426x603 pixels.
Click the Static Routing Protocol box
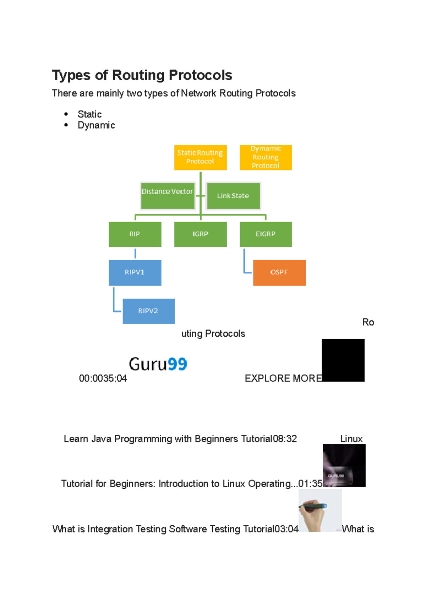point(200,157)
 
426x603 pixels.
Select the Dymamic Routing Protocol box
point(266,157)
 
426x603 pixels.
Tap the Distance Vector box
point(168,196)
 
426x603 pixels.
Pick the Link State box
point(233,196)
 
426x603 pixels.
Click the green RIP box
point(135,234)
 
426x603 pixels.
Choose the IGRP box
point(200,234)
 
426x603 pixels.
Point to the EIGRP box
point(266,234)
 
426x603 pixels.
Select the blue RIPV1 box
point(135,272)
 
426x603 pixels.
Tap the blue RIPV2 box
point(148,311)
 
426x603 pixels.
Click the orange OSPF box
point(279,272)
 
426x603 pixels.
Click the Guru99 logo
point(158,364)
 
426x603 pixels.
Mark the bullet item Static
point(89,114)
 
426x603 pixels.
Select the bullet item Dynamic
point(96,125)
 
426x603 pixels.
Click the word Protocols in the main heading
point(200,75)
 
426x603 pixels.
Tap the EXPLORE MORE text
point(283,379)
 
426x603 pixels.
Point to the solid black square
point(343,360)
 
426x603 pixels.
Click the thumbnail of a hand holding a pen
point(320,510)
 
